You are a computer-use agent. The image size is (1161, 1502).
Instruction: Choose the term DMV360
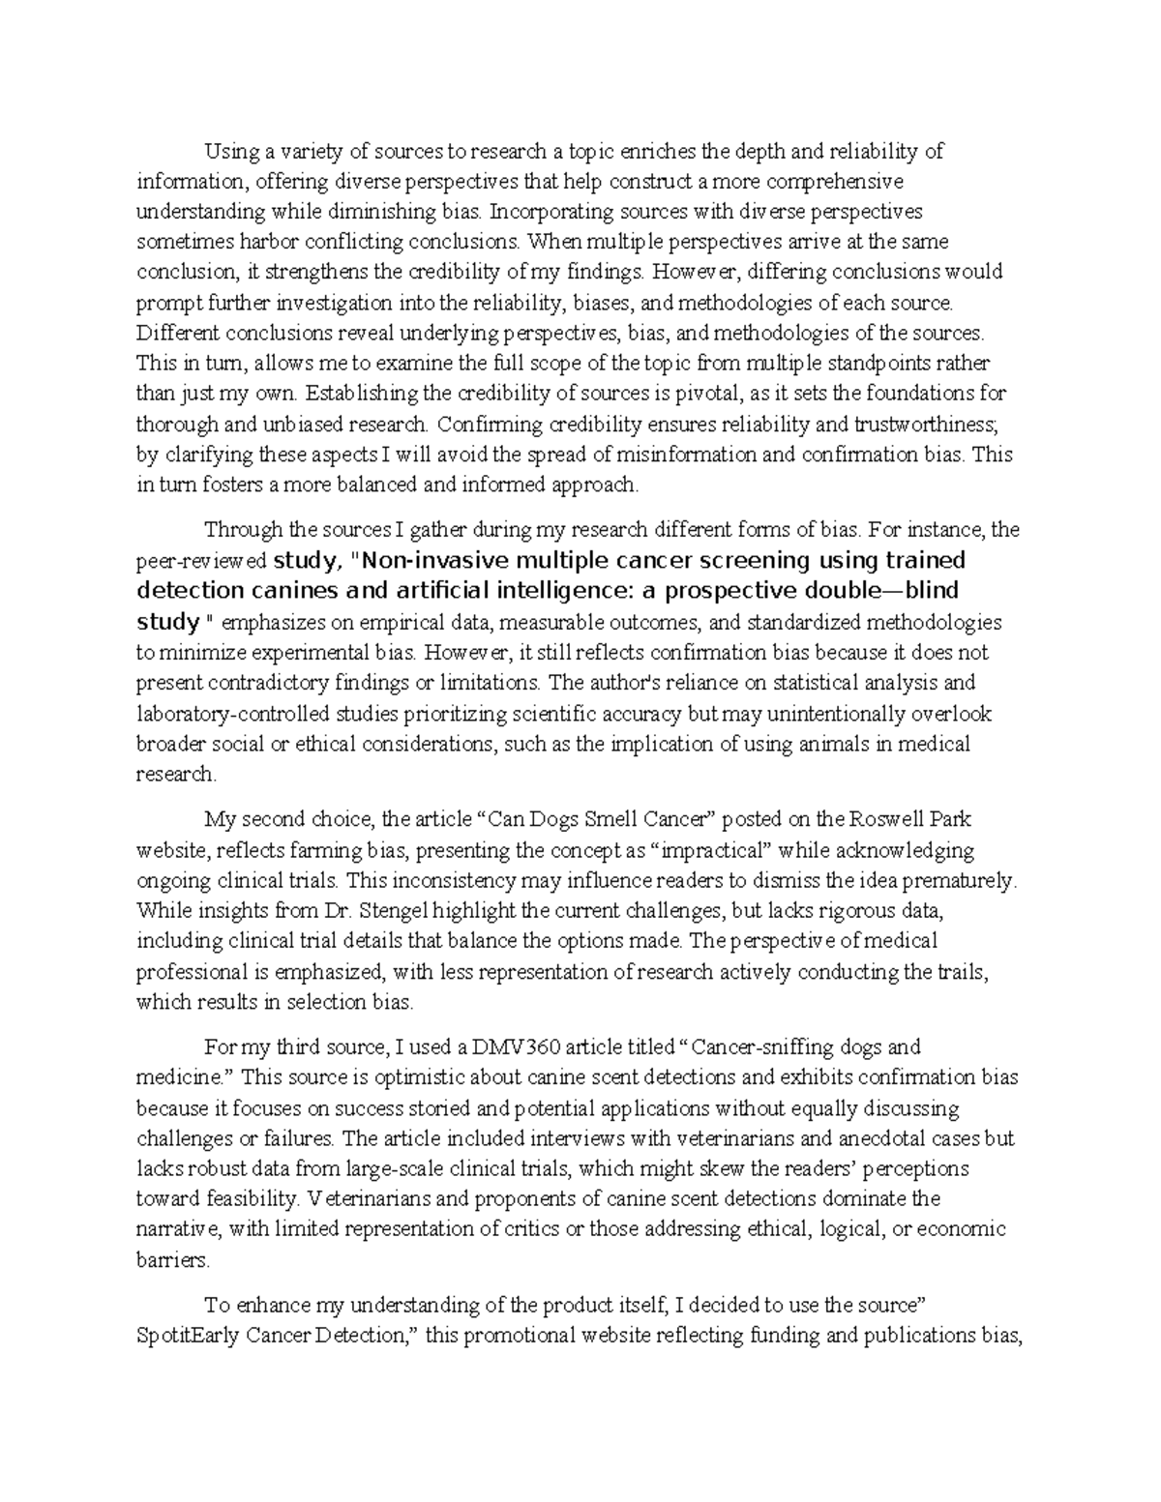point(510,1046)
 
